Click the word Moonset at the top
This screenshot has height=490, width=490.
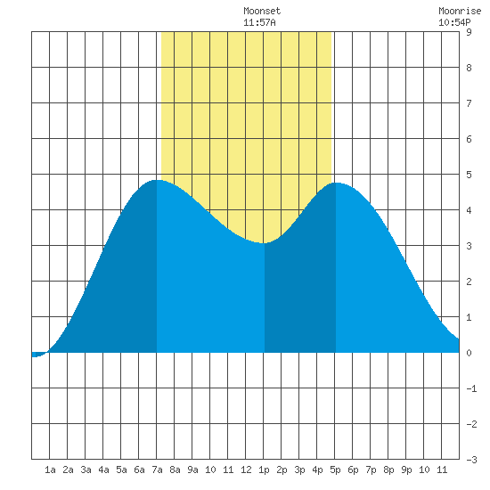coord(262,11)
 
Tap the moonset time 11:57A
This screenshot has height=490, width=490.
coord(259,22)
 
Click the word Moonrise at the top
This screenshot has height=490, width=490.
coord(460,11)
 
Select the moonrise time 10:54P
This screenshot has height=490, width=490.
coord(454,22)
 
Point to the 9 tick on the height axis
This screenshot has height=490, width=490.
coord(469,32)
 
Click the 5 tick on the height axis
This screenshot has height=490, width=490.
coord(469,175)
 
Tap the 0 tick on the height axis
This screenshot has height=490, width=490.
coord(469,353)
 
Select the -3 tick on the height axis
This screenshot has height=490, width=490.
coord(471,460)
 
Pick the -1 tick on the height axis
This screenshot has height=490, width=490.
coord(471,388)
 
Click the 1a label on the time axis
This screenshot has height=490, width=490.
coord(50,470)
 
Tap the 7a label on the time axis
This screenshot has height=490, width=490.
coord(157,470)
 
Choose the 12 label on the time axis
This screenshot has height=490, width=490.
coord(246,470)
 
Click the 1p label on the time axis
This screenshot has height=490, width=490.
coord(264,470)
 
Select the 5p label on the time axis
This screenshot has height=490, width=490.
coord(335,470)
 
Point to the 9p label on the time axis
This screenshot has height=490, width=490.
coord(406,470)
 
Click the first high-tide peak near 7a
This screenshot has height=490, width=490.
coord(157,180)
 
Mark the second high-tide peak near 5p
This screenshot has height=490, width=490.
coord(336,184)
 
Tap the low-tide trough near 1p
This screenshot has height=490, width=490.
coord(264,243)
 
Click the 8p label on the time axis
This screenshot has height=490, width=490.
coord(388,470)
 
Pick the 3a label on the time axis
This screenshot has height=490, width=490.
coord(86,470)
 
